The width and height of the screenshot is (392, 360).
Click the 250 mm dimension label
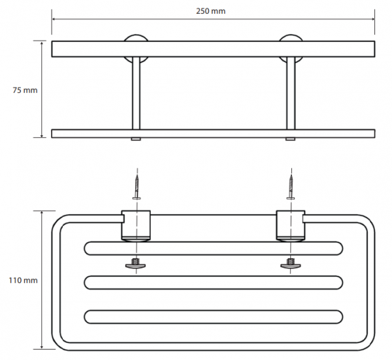(x=210, y=11)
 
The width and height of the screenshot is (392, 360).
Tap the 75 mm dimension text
(x=25, y=90)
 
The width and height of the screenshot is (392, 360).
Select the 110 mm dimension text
(x=24, y=280)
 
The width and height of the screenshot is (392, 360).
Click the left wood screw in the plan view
(x=137, y=187)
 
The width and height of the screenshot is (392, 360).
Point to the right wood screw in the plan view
(x=291, y=187)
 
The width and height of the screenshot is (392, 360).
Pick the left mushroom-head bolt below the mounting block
(x=135, y=264)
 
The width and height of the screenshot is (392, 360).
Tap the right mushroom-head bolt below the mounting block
(x=290, y=264)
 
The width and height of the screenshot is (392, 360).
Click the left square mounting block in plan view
(x=136, y=225)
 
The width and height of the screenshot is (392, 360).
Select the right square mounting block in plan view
(x=291, y=225)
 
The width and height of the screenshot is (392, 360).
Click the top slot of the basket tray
(x=213, y=248)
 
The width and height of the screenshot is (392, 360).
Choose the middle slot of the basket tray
(x=213, y=282)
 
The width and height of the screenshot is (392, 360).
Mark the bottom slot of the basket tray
(x=213, y=317)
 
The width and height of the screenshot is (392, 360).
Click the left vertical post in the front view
(x=136, y=93)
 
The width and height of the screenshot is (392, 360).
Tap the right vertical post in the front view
(x=291, y=93)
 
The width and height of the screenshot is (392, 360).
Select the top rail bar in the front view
(x=213, y=49)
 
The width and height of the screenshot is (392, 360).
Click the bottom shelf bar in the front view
(x=213, y=133)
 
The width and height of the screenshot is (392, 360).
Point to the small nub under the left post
(x=136, y=139)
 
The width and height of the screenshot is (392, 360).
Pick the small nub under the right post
(x=291, y=139)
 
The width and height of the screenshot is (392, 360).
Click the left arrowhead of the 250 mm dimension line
(x=54, y=19)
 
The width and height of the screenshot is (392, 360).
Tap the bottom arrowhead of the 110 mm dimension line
(x=42, y=347)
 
